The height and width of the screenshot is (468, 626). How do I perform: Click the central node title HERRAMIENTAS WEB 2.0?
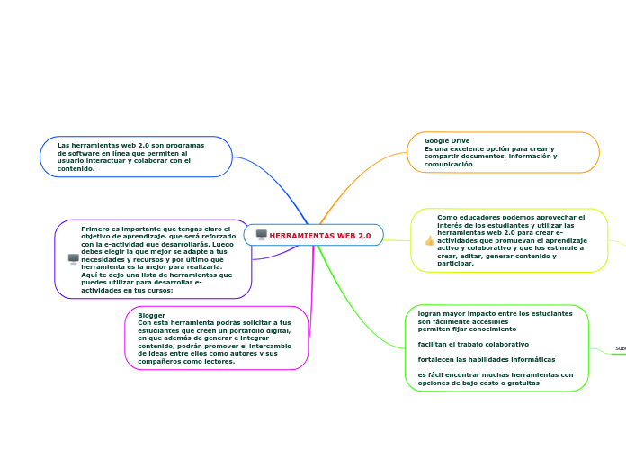[x=319, y=236]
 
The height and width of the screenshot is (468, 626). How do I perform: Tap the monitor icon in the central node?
[x=262, y=235]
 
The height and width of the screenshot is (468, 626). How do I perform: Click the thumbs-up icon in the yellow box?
[x=429, y=240]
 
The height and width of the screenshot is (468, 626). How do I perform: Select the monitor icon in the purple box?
[x=74, y=258]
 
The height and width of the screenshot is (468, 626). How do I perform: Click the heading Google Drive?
[x=447, y=141]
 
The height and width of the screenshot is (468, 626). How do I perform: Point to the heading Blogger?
[x=151, y=315]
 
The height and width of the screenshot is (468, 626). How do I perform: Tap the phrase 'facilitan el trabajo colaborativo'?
[x=473, y=344]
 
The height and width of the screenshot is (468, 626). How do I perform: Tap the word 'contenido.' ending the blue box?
[x=76, y=168]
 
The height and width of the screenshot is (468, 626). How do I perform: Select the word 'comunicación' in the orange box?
[x=448, y=165]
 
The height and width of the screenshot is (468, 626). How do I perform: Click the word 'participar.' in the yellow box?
[x=455, y=264]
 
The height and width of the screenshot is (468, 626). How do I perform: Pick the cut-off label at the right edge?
[x=621, y=348]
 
